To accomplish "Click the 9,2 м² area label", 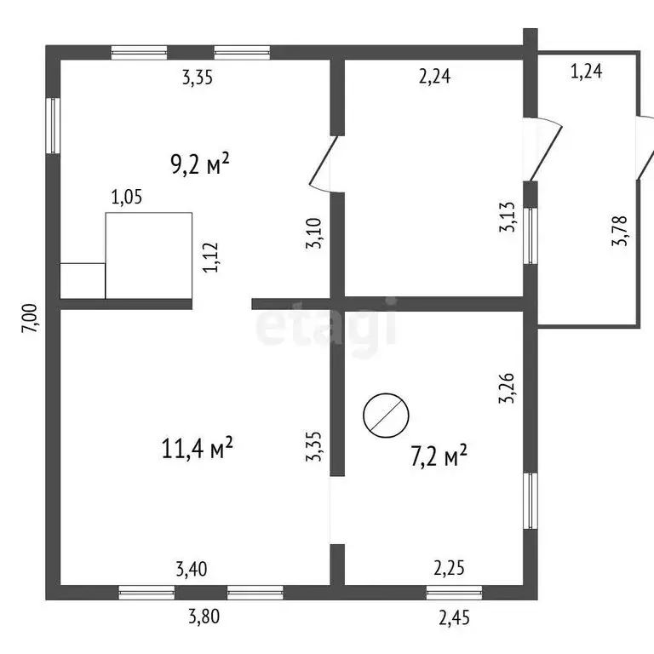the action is [200, 163].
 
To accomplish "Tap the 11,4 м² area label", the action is [197, 448].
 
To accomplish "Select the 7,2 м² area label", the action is [439, 456].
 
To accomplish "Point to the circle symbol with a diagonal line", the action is [386, 415].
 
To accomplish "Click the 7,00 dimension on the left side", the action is [30, 318].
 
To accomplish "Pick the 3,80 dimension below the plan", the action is [204, 617].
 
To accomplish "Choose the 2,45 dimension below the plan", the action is [454, 617].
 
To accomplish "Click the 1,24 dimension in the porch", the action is [587, 71].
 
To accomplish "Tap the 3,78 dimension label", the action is [619, 231].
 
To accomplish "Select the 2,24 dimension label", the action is [434, 77].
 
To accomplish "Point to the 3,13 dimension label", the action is [508, 217].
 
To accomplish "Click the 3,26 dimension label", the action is [508, 388].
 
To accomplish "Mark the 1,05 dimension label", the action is [127, 197].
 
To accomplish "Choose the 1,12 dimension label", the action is [210, 257].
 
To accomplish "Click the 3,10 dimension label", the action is [314, 233].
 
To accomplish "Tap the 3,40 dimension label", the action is [192, 569].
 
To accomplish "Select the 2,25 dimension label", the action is [450, 568].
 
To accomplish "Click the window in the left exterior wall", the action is [53, 125].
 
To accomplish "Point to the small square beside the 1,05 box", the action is [83, 281].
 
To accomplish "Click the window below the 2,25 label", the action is [454, 593].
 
